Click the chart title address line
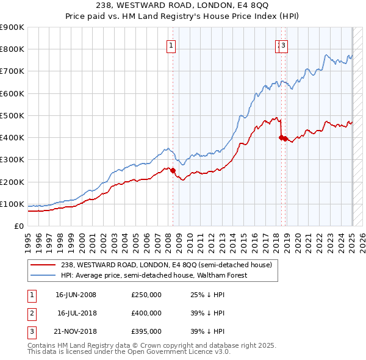pos(183,6)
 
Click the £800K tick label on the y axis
pos(12,49)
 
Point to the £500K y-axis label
pos(12,115)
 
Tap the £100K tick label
pos(12,204)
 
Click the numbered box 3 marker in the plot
pos(284,45)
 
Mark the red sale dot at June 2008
pos(173,170)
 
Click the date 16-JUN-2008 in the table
pos(76,294)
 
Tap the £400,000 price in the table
pos(146,313)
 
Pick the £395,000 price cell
pos(146,332)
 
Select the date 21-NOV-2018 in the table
pos(76,332)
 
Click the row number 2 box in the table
pos(31,313)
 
